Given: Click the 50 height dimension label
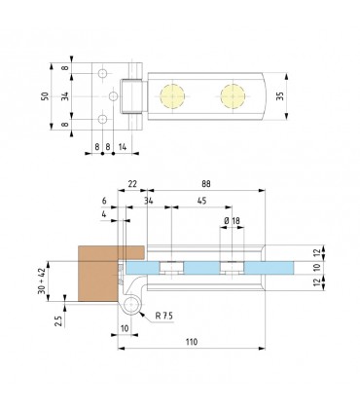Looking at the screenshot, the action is [x=45, y=96].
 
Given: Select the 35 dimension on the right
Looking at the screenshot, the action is [x=280, y=96].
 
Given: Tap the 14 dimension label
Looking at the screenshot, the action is [x=123, y=147].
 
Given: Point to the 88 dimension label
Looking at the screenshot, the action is [x=206, y=184].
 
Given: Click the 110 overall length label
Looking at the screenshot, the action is [x=192, y=342].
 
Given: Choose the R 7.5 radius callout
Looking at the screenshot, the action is [x=163, y=316].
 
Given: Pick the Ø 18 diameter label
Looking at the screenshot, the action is [x=232, y=221].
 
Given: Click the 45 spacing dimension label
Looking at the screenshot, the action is [x=201, y=201].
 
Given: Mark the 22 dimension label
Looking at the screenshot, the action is [x=132, y=184].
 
